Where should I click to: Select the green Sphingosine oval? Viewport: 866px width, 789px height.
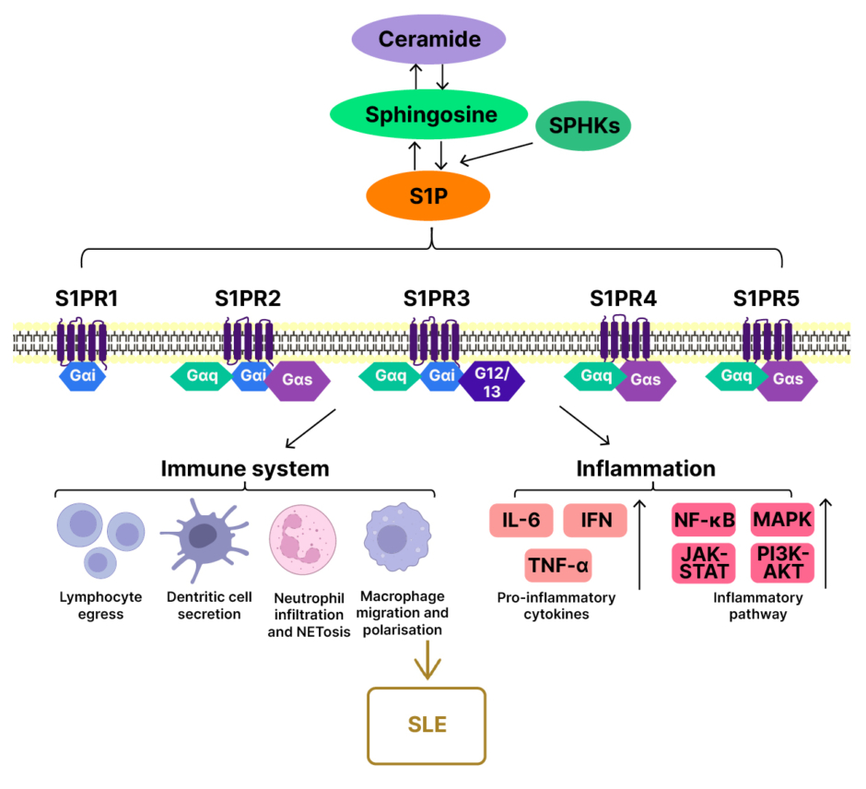tap(431, 115)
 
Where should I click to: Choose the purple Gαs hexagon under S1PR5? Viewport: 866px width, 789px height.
tap(788, 379)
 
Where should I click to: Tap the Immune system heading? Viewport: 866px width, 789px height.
tap(244, 468)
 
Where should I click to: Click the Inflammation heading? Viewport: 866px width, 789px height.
tap(646, 468)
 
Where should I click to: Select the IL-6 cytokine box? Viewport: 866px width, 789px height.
tap(521, 521)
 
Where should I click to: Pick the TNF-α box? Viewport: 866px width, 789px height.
tap(557, 565)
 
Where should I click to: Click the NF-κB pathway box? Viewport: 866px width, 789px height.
tap(704, 521)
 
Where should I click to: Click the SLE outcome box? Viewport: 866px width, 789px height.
tap(427, 724)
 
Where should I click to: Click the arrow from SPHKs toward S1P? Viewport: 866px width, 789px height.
tap(497, 153)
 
